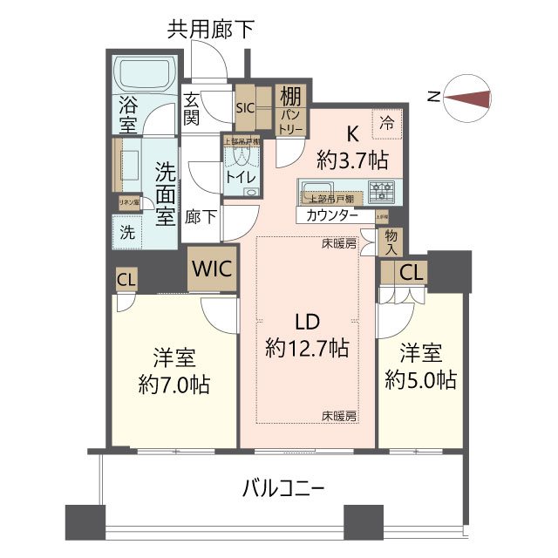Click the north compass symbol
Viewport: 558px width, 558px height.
click(x=467, y=99)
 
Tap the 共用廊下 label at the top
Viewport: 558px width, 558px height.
click(x=212, y=31)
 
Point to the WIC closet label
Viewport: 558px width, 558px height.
click(x=212, y=269)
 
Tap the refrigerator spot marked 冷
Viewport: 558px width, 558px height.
click(x=384, y=125)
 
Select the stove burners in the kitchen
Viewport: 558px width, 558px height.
click(x=381, y=189)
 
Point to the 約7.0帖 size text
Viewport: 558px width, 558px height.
click(x=174, y=383)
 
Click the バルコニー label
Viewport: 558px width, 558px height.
click(x=283, y=489)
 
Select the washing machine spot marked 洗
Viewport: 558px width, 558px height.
click(x=127, y=233)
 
